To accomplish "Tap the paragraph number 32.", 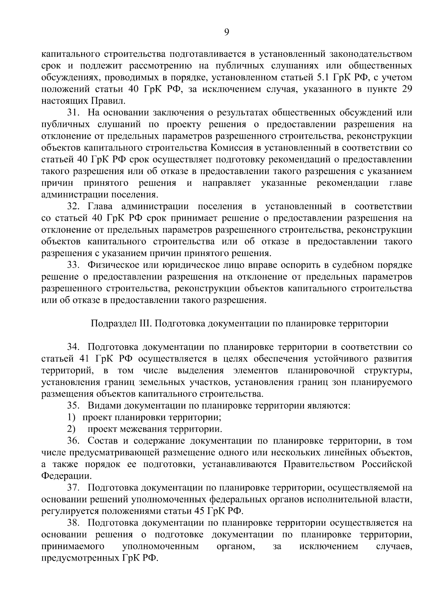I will [x=72, y=207].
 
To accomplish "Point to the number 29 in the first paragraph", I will [x=407, y=89].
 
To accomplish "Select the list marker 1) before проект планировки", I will [x=71, y=418].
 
